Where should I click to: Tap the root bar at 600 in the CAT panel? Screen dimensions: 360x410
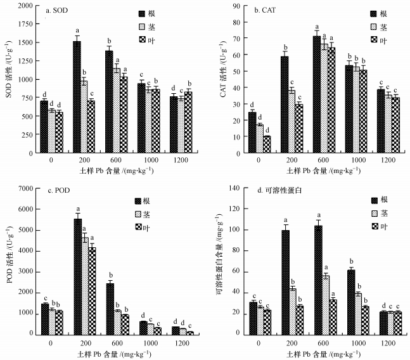point(316,94)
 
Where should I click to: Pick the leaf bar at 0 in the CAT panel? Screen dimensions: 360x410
point(267,145)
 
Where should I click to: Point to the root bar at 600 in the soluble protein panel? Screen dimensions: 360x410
point(317,280)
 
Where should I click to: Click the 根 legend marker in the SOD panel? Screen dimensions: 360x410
point(143,13)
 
